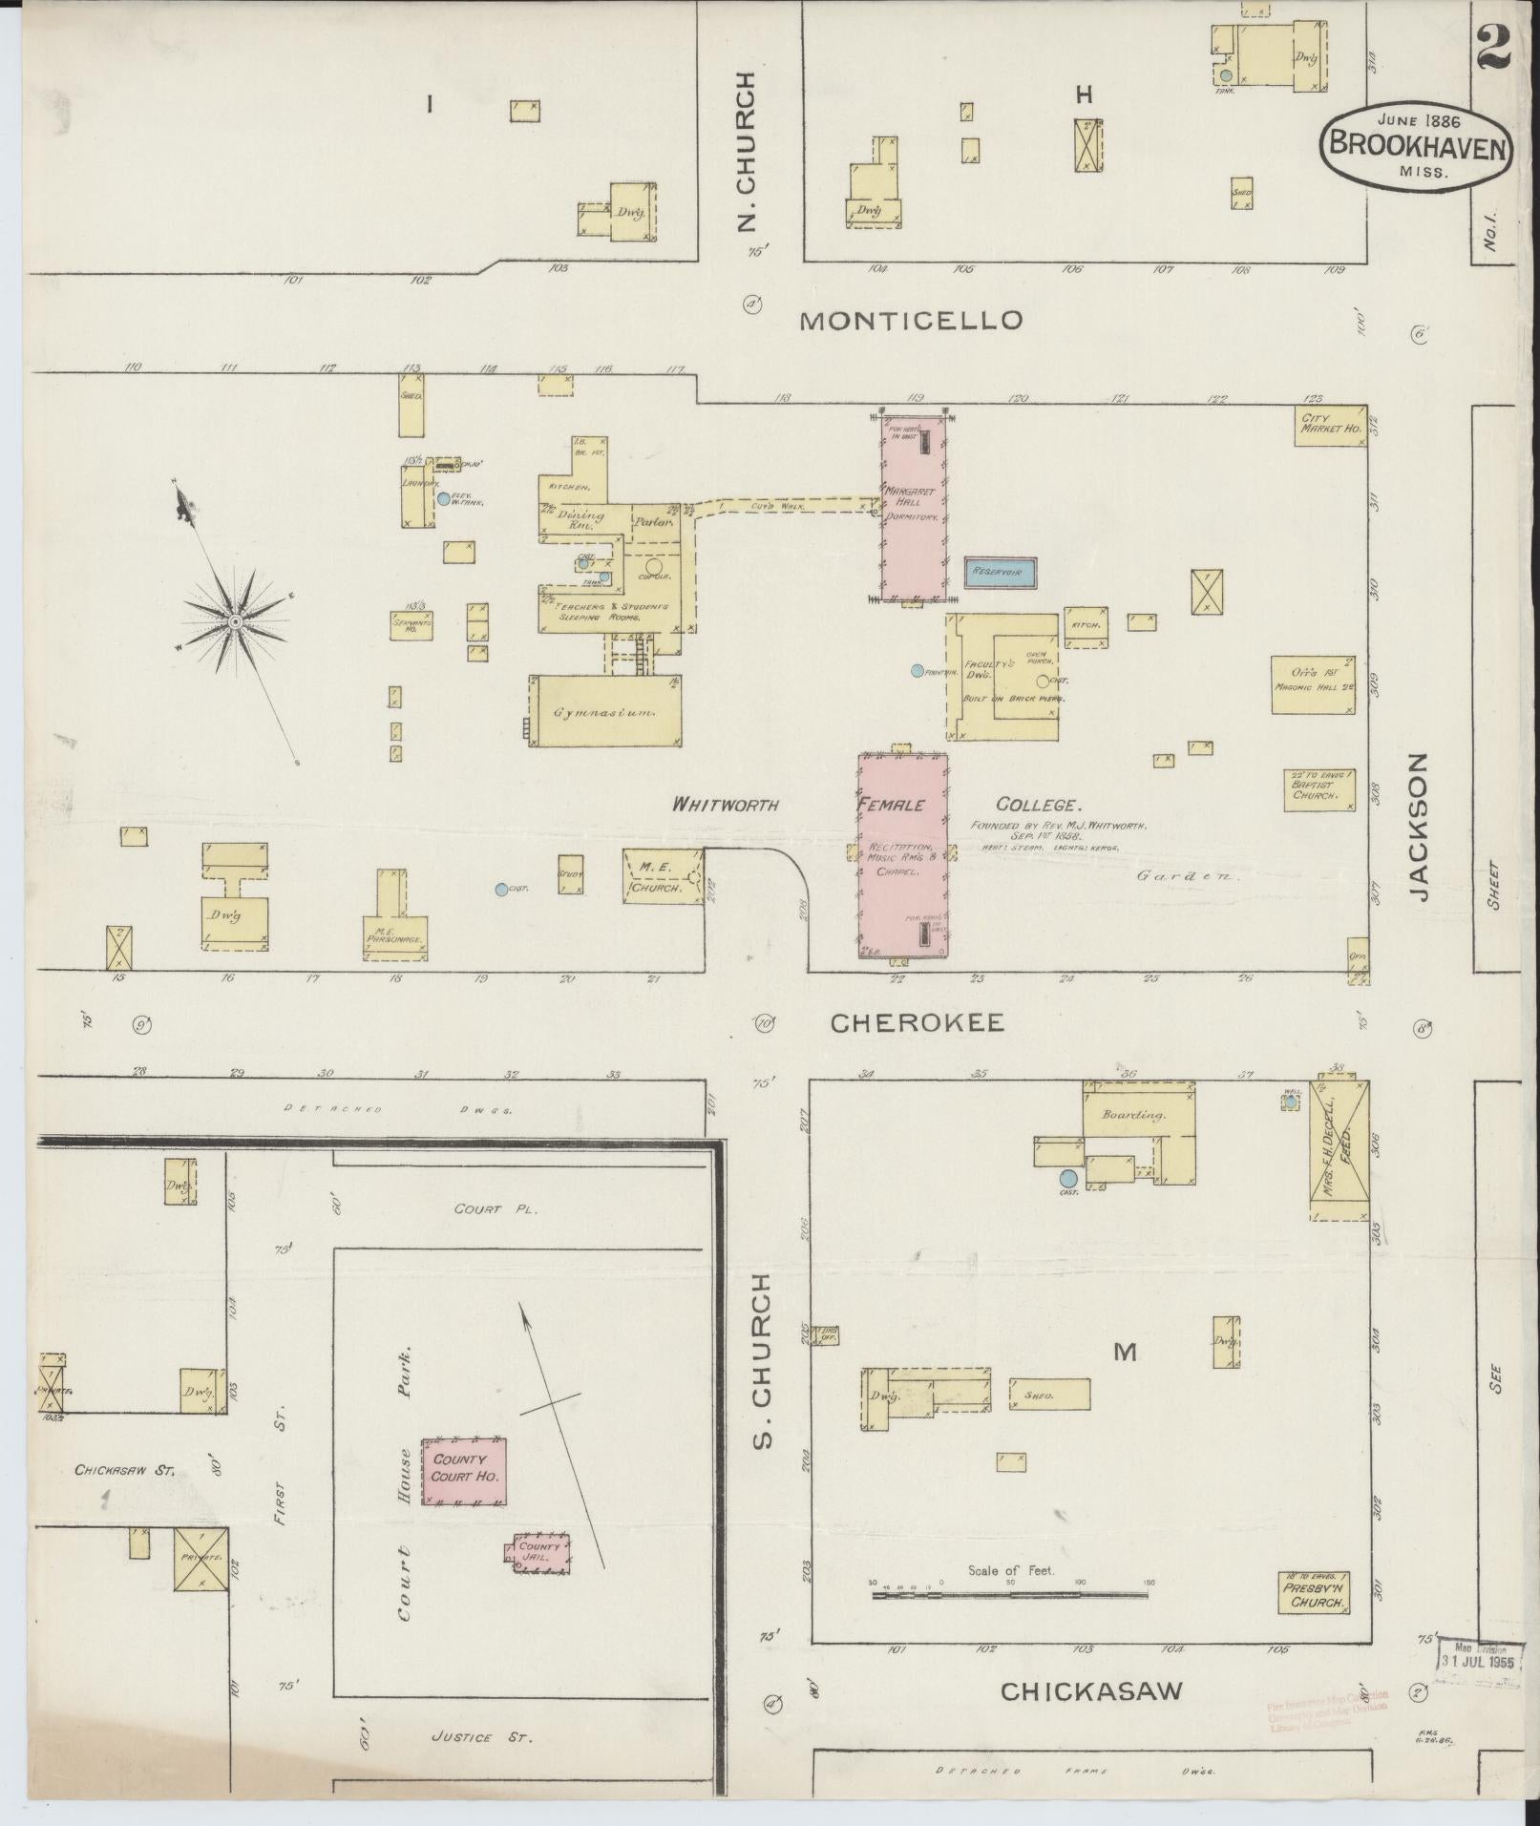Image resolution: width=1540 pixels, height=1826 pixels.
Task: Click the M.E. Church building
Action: coord(661,876)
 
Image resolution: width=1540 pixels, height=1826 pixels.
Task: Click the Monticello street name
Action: coord(911,321)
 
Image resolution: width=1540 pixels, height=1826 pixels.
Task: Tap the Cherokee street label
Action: coord(917,1023)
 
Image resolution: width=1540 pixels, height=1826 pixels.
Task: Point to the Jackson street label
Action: coord(1420,827)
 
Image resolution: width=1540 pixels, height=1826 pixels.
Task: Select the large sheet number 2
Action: coord(1492,46)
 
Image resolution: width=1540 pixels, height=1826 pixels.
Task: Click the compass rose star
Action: coord(235,622)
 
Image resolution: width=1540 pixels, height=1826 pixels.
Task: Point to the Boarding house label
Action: coord(1134,1114)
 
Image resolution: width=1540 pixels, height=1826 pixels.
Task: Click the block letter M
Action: coord(1126,1352)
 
